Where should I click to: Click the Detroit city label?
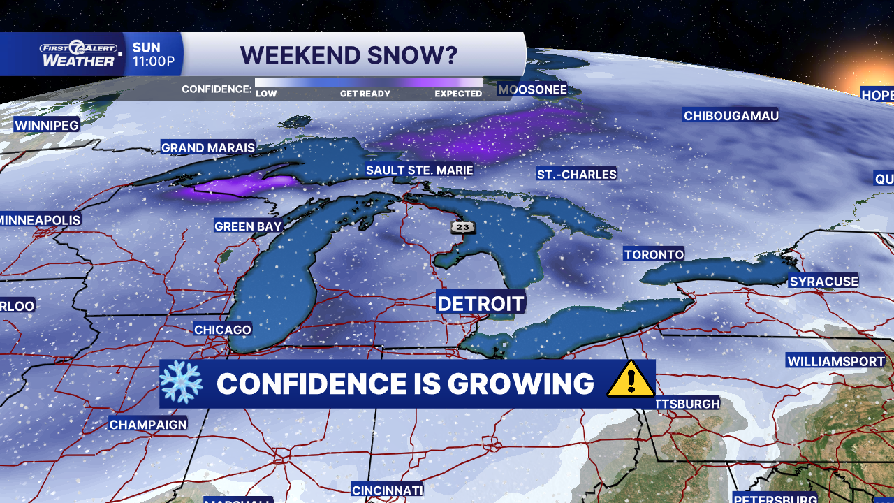click(x=481, y=303)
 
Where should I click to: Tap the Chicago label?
click(x=222, y=330)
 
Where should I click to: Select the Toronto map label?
click(x=654, y=254)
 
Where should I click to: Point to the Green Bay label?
click(x=248, y=226)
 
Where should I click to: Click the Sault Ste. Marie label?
click(x=419, y=170)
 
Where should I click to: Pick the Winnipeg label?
click(x=47, y=125)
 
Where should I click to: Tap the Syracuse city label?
click(x=823, y=282)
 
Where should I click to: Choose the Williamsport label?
click(x=835, y=361)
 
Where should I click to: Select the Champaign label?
click(x=148, y=424)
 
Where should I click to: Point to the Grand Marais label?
click(x=207, y=147)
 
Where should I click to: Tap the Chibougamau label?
click(x=731, y=116)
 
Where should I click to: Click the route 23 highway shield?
click(x=462, y=226)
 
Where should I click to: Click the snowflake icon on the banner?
click(x=181, y=384)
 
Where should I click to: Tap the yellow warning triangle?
click(x=631, y=381)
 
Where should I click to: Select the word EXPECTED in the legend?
click(x=458, y=94)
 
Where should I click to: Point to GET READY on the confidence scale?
click(x=365, y=94)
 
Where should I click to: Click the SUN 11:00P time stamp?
click(x=154, y=54)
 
